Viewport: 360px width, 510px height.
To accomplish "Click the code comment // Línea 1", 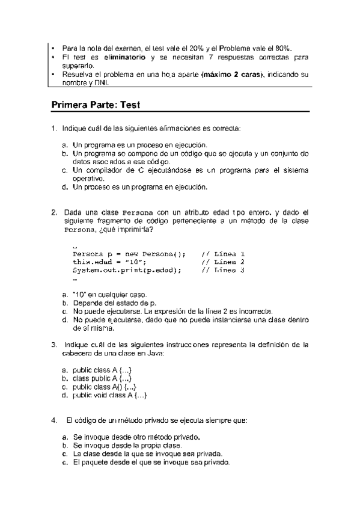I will (x=222, y=253).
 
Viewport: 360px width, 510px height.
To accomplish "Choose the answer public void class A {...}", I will (x=110, y=395).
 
